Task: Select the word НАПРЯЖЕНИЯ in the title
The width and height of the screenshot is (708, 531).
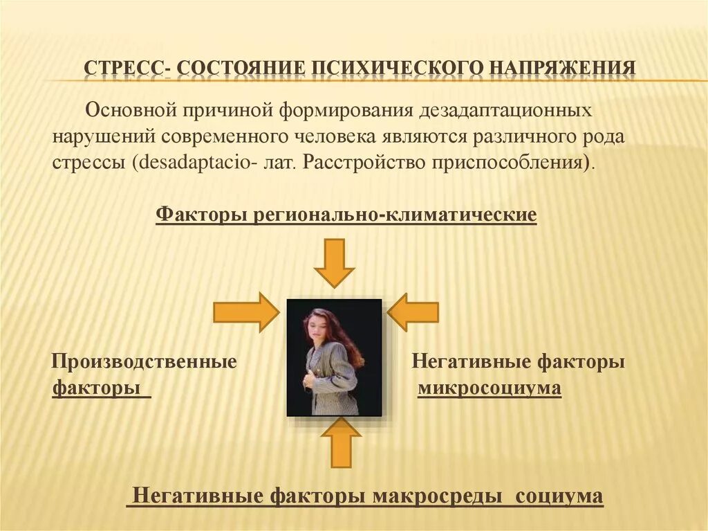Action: point(563,69)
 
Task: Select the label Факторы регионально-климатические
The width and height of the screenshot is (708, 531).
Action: point(346,215)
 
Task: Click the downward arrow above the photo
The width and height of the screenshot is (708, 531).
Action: point(334,262)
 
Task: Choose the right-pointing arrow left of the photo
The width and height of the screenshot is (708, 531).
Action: point(245,312)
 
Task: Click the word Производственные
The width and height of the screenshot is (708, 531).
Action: point(145,361)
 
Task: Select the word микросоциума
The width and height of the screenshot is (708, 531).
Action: point(490,388)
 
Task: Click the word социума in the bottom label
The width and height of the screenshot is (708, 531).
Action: point(560,496)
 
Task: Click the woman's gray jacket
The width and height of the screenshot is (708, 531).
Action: point(334,377)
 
